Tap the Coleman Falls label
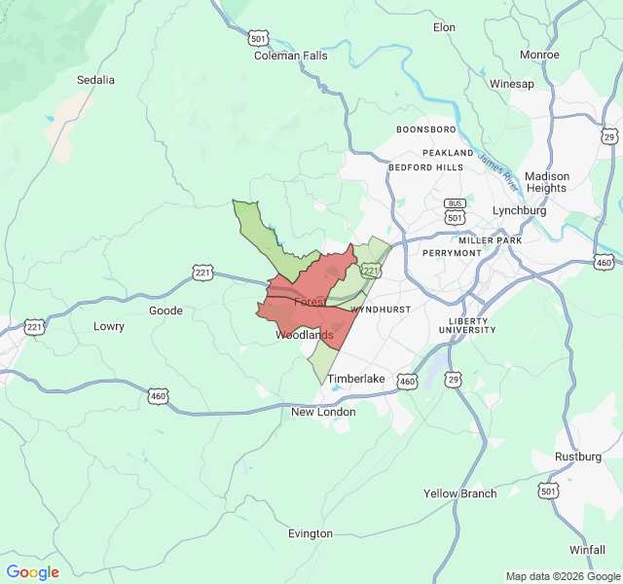coord(291,55)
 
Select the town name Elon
coord(444,27)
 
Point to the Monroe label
coord(539,55)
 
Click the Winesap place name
coord(512,84)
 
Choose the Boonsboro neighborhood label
coord(425,129)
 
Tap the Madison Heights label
coord(547,182)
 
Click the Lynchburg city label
coord(520,210)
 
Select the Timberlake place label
coord(356,379)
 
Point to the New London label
coord(323,412)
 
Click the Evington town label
coord(311,533)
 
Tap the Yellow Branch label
coord(459,493)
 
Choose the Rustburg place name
coord(578,456)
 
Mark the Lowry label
coord(108,326)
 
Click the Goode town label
coord(165,310)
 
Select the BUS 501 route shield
coord(455,210)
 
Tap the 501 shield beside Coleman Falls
coord(258,38)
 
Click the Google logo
coord(32,572)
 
